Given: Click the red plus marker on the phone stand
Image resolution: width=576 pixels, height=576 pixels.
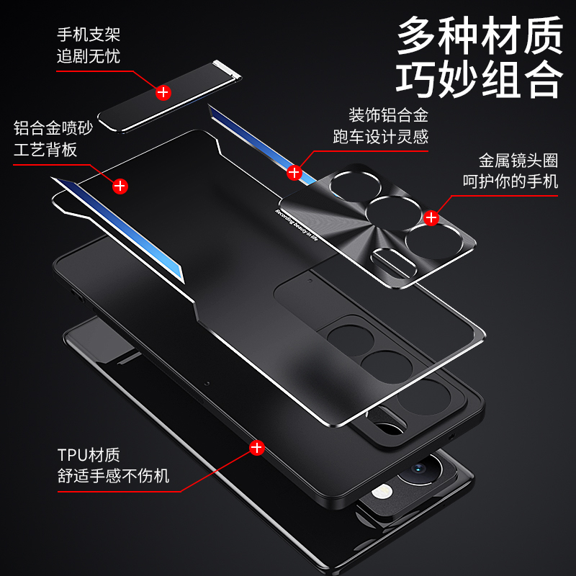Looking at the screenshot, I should [163, 92].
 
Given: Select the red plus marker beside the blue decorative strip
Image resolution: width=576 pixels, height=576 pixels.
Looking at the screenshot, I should [294, 172].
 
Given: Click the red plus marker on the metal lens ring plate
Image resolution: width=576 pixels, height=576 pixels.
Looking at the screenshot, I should [432, 217].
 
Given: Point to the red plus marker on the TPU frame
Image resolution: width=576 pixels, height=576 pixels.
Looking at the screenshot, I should [256, 449].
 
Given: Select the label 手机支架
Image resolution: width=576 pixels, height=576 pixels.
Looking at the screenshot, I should [89, 34].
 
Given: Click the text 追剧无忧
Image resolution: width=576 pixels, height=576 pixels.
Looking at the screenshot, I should [89, 56].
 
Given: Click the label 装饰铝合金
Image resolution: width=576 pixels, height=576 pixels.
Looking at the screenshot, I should [389, 114].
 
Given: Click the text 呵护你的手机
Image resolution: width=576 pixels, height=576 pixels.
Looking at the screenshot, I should [510, 181].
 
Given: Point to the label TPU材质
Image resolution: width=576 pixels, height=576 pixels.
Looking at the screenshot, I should [89, 454].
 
